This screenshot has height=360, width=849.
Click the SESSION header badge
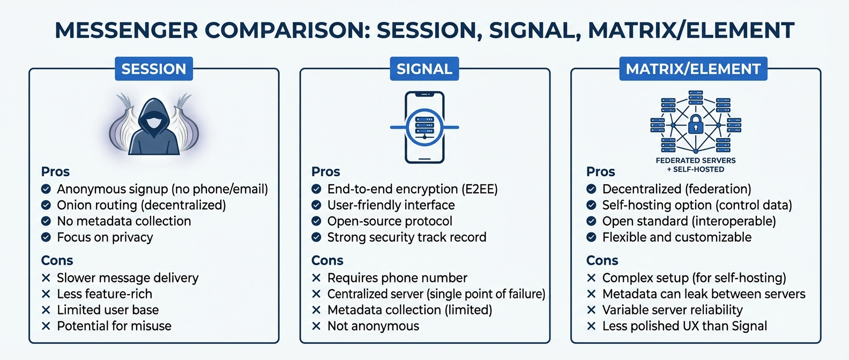coord(154,69)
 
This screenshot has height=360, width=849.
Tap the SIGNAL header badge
coord(424,69)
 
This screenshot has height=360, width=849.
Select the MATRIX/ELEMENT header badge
coord(693,69)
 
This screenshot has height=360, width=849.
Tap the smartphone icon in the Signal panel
coord(424,127)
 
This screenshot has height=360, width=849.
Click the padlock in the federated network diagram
coord(695,125)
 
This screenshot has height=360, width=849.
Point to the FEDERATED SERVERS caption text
coord(696,160)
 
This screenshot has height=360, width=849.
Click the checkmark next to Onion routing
coord(46,205)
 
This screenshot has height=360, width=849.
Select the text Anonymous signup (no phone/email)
coord(162,189)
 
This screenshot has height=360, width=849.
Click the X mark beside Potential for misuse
coord(46,326)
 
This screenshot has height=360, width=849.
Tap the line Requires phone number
coord(397,277)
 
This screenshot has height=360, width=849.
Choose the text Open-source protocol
coord(390,221)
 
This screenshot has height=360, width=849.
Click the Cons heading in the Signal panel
coord(327,260)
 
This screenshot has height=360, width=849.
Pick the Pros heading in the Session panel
coord(55,171)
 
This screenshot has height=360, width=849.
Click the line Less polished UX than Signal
coord(684,326)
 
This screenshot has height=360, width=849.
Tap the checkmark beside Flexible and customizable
coord(591,237)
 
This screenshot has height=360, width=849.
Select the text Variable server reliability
coord(672,310)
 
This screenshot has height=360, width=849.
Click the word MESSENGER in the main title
coord(126,30)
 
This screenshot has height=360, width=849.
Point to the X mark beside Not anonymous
coord(316,326)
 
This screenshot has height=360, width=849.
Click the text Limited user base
coord(108,310)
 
